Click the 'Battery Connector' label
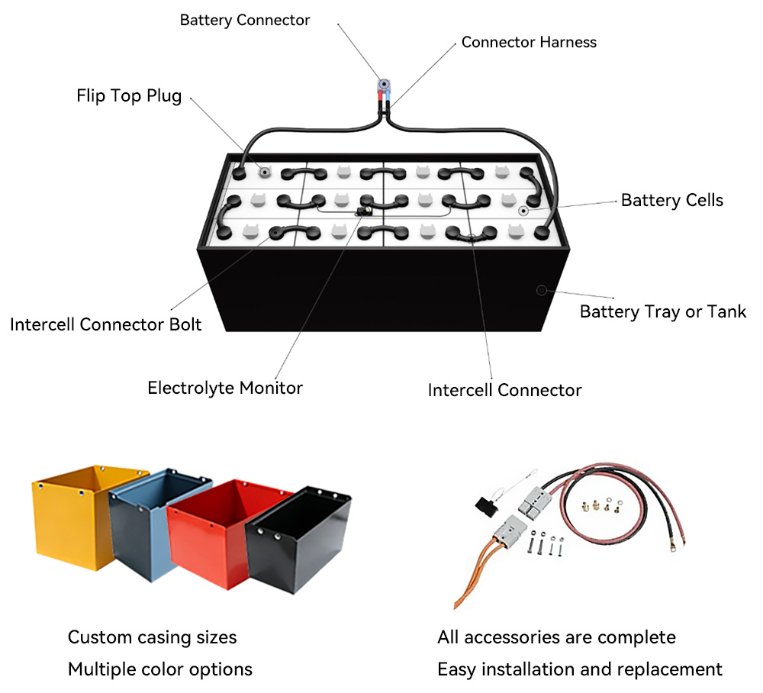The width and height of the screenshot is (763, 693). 245,20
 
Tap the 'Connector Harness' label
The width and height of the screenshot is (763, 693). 529,42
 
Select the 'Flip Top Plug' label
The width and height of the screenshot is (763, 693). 129,96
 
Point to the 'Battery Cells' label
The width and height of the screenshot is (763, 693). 672,200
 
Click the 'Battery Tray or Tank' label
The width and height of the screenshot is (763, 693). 663,311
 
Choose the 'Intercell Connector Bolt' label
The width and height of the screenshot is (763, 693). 105,324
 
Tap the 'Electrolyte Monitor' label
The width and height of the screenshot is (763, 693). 225,388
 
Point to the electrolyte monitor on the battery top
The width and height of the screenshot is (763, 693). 364,211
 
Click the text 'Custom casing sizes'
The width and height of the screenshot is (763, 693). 153,637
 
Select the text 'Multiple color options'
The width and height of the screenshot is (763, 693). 160,669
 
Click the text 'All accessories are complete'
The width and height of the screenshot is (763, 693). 557,637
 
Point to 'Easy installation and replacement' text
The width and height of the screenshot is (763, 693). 580,669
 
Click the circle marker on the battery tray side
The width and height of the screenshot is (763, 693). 541,291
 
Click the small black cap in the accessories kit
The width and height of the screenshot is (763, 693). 486,507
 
